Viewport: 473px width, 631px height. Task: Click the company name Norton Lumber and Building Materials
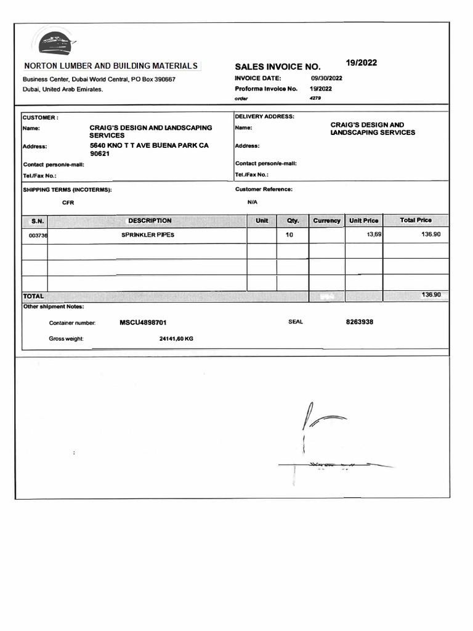point(111,66)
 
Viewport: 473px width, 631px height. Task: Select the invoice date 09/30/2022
point(326,78)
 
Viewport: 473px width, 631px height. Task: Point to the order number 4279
point(315,98)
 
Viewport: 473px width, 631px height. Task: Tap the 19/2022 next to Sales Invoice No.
point(362,63)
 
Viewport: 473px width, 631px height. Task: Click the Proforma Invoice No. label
point(265,89)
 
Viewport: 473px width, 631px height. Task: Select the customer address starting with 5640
point(149,150)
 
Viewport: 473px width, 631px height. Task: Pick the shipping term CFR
point(68,202)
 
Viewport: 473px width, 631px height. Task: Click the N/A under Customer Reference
point(253,202)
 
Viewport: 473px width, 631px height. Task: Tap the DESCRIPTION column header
point(150,221)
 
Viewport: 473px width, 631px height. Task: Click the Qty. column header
point(292,221)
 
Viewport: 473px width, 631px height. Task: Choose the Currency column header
point(326,221)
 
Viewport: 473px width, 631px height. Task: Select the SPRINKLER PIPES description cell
point(148,235)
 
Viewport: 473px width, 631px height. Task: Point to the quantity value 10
point(289,235)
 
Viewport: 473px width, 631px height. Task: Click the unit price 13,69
point(374,235)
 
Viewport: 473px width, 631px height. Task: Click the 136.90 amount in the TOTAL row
point(431,295)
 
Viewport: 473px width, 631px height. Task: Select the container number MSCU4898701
point(143,322)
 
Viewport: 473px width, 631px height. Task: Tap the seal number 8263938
point(360,322)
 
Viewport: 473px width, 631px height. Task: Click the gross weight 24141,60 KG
point(176,338)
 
